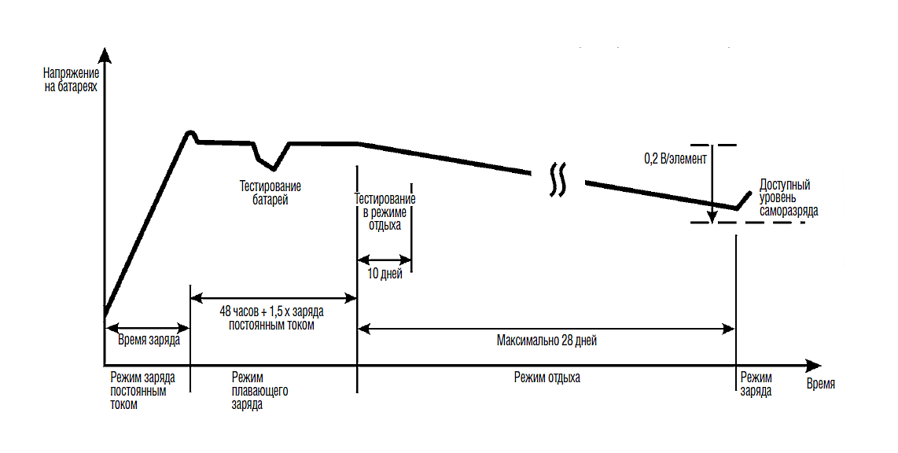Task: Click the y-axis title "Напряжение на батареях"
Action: click(72, 80)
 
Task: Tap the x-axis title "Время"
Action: click(821, 385)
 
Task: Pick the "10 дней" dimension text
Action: click(385, 274)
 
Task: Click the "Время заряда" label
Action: click(149, 341)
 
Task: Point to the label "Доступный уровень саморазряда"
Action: click(788, 198)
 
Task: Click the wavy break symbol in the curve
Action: click(558, 179)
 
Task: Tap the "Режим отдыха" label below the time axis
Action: click(547, 377)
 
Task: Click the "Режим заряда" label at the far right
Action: click(756, 384)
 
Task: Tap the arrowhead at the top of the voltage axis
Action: click(105, 57)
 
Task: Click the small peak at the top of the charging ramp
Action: click(190, 133)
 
